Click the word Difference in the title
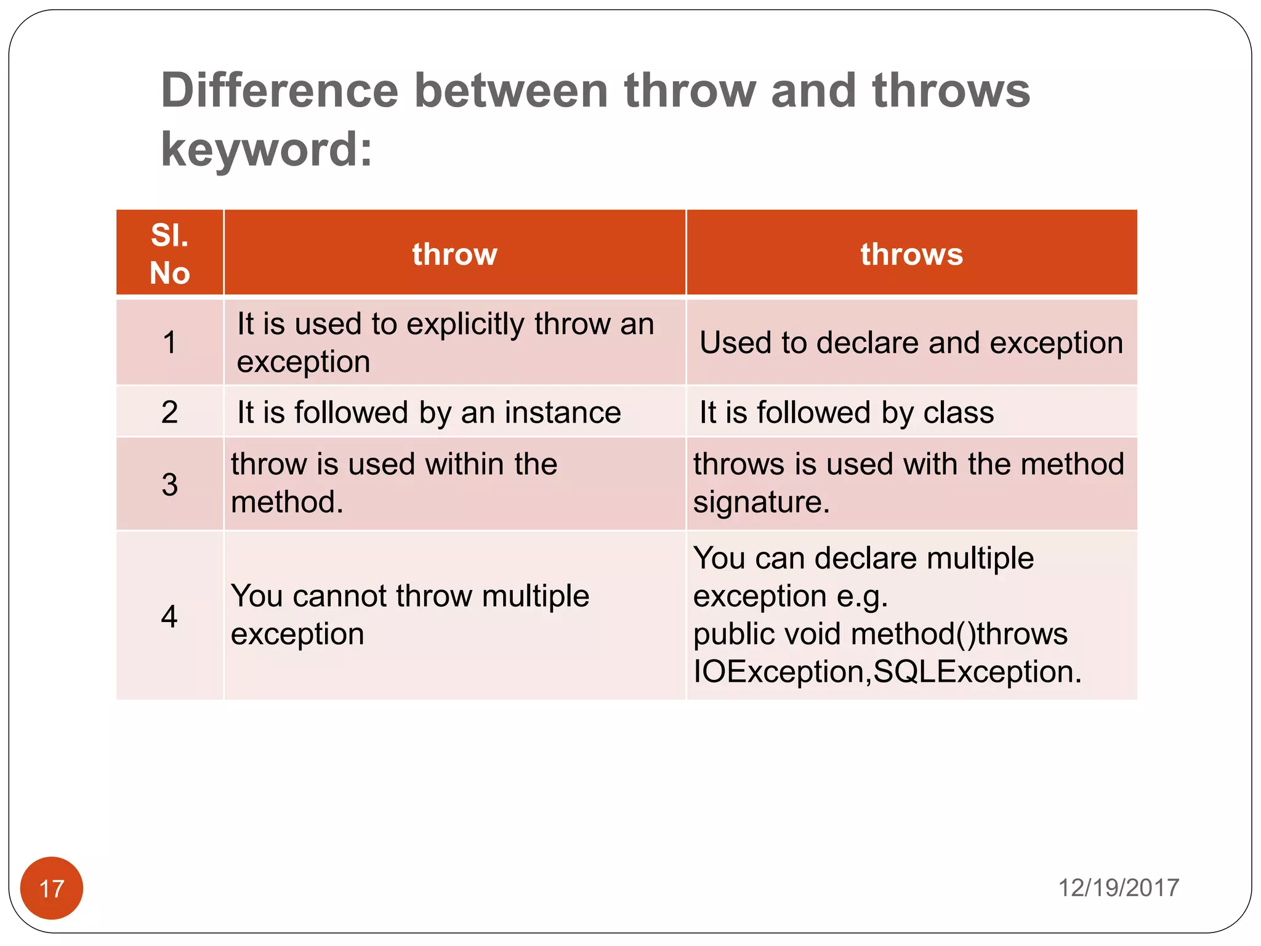[x=280, y=91]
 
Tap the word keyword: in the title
[x=267, y=149]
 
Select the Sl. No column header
[x=169, y=253]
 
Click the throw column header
[x=454, y=254]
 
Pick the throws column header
[x=911, y=254]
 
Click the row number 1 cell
[x=169, y=342]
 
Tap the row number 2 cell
[x=169, y=412]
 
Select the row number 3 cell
[x=169, y=485]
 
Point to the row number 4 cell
[x=169, y=616]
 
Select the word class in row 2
[x=959, y=413]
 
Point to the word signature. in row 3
[x=761, y=503]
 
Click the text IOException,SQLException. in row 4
[x=887, y=672]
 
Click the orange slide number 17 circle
[x=52, y=888]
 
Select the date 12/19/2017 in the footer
[x=1118, y=888]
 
